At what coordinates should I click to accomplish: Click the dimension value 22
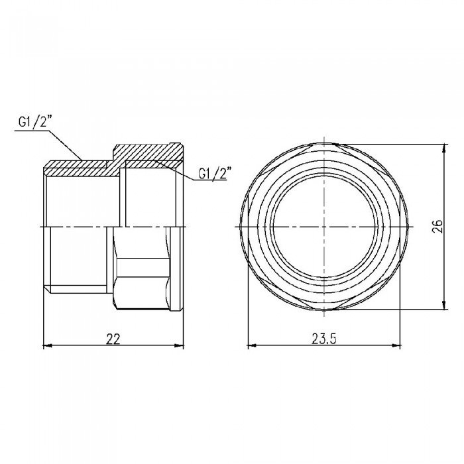tap(113, 337)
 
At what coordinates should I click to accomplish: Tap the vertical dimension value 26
tap(436, 227)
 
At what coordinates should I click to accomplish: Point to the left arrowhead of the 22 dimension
tap(46, 345)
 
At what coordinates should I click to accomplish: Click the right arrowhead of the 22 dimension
tap(180, 345)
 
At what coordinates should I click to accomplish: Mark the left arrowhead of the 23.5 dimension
tap(251, 345)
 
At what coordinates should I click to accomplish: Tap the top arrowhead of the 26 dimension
tap(444, 144)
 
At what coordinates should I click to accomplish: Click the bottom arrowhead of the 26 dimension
tap(444, 310)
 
